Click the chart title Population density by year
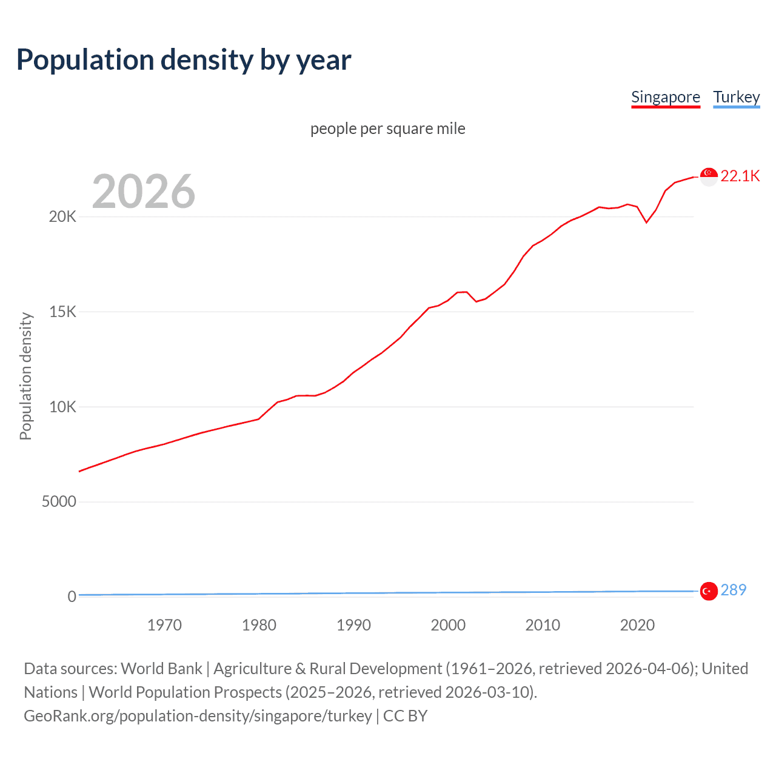[x=184, y=60]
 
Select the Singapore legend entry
[x=665, y=97]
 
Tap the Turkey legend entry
[x=736, y=97]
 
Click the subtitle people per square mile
[x=387, y=129]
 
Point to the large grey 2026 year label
[x=144, y=192]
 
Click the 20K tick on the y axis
[x=62, y=217]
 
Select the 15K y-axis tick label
[x=62, y=312]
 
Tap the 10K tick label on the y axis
[x=62, y=407]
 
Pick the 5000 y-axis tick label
[x=59, y=502]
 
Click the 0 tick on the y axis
[x=72, y=597]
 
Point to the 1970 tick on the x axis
[x=164, y=625]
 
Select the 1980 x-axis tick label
[x=259, y=625]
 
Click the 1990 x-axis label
[x=353, y=625]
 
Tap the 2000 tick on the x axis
[x=448, y=625]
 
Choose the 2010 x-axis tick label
[x=543, y=625]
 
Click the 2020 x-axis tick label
[x=637, y=625]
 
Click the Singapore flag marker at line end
[x=709, y=176]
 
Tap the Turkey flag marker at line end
[x=709, y=590]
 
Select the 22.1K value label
[x=740, y=176]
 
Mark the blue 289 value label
[x=734, y=590]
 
